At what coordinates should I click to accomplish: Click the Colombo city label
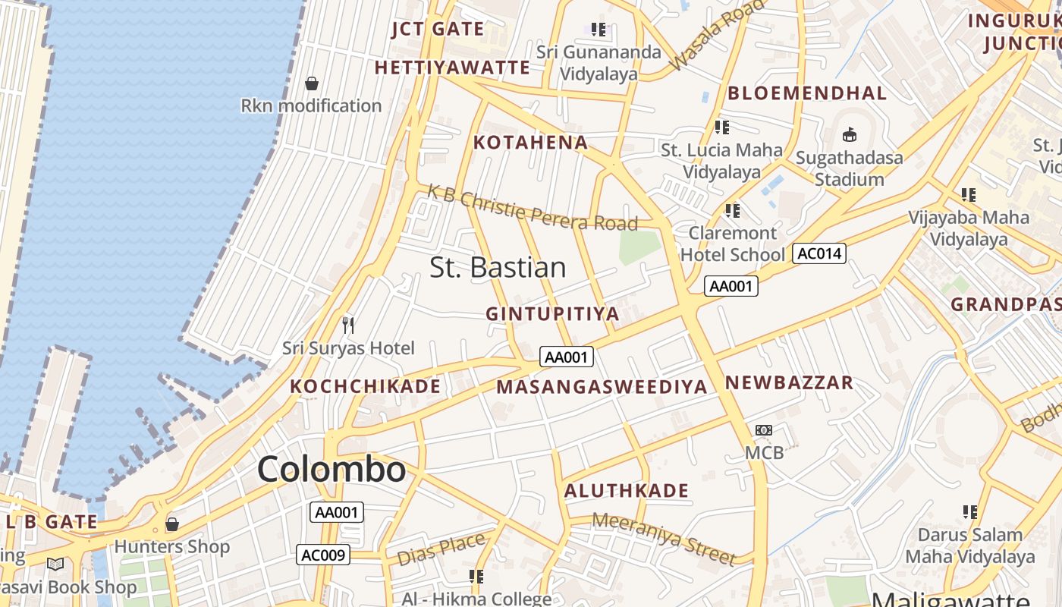pos(331,469)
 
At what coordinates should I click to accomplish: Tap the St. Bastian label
pos(498,267)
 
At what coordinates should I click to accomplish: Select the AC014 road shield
pos(818,253)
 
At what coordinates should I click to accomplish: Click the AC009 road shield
pos(323,555)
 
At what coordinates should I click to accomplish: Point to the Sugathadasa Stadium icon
pos(849,135)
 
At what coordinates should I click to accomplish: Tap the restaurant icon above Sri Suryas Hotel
pos(348,326)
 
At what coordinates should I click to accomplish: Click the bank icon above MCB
pos(763,430)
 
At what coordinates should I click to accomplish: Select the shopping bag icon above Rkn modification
pos(311,83)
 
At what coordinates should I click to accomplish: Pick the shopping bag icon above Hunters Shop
pos(172,524)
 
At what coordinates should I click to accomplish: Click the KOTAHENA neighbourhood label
pos(530,142)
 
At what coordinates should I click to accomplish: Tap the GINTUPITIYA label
pos(552,313)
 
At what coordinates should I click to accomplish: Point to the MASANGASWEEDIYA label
pos(602,386)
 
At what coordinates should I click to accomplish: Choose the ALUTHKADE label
pos(626,490)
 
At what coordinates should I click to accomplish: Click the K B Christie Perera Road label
pos(533,207)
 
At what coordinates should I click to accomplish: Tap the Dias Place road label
pos(441,549)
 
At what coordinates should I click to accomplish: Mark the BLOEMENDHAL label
pos(806,93)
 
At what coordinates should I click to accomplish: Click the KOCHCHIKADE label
pos(365,385)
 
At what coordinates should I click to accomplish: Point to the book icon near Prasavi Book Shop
pos(55,564)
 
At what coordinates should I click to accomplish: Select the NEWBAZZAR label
pos(789,382)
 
